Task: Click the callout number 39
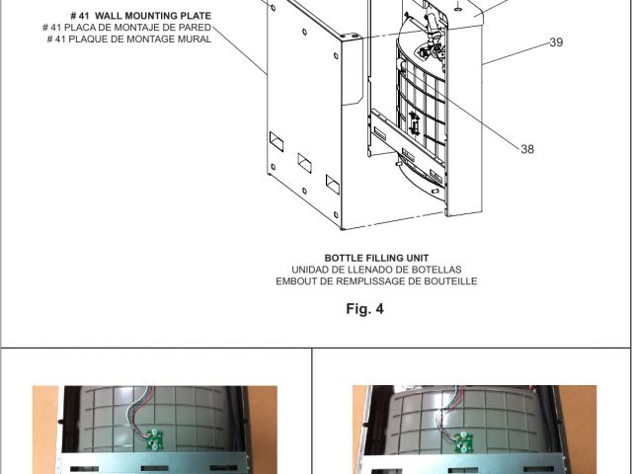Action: (556, 42)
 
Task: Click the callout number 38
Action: (527, 149)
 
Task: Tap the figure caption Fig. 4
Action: (364, 309)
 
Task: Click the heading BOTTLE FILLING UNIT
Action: (376, 258)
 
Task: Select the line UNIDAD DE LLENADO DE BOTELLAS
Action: (376, 270)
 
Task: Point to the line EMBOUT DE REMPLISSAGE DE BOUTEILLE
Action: (376, 281)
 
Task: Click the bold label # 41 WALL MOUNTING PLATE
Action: (140, 16)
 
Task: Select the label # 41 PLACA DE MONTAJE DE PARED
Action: (127, 28)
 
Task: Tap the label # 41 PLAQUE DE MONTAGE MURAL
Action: (129, 39)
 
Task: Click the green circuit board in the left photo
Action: (154, 439)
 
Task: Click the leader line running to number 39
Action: (516, 53)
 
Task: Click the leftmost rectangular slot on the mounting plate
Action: (276, 141)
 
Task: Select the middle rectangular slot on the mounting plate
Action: (305, 163)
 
